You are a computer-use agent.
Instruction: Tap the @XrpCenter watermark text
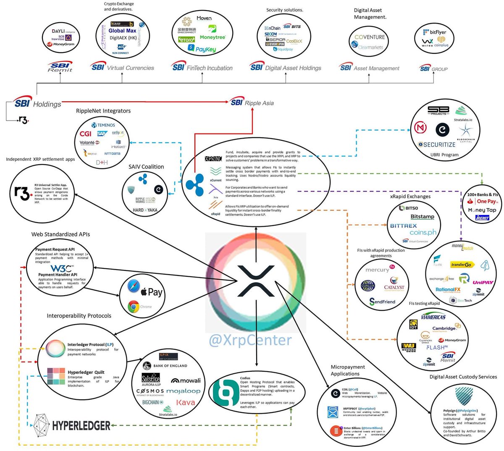point(250,339)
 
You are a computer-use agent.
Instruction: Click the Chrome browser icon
point(134,307)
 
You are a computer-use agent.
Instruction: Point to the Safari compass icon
point(133,287)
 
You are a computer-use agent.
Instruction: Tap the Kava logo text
point(185,403)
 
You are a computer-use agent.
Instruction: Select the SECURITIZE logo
point(437,144)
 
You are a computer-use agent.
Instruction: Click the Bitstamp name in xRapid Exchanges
point(422,217)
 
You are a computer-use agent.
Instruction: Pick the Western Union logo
point(408,347)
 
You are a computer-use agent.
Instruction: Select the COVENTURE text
point(370,37)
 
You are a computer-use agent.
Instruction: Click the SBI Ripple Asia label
point(252,102)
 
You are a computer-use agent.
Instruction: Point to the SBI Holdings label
point(37,103)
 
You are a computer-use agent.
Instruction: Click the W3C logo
point(61,268)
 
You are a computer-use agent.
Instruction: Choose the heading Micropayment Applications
point(347,370)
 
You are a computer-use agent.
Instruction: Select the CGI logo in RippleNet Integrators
point(85,134)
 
